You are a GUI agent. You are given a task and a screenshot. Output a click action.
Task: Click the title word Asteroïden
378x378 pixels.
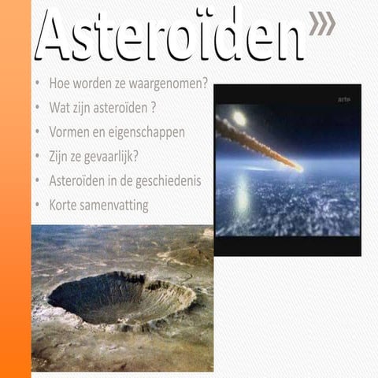pyautogui.click(x=169, y=35)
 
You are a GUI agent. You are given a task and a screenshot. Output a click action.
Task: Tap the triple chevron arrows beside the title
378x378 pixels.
pyautogui.click(x=321, y=24)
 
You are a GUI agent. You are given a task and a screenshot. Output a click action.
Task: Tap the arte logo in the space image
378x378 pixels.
pyautogui.click(x=344, y=99)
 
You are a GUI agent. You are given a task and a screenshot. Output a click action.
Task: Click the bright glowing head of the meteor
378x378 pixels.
pyautogui.click(x=239, y=118)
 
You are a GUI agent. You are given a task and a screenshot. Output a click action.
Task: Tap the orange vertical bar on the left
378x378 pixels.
pyautogui.click(x=15, y=189)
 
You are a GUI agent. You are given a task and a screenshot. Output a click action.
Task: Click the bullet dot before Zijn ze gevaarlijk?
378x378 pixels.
pyautogui.click(x=39, y=157)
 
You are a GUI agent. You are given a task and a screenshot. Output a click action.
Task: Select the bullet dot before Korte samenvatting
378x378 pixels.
pyautogui.click(x=39, y=206)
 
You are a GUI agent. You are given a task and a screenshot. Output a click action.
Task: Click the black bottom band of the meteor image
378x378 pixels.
pyautogui.click(x=287, y=246)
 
